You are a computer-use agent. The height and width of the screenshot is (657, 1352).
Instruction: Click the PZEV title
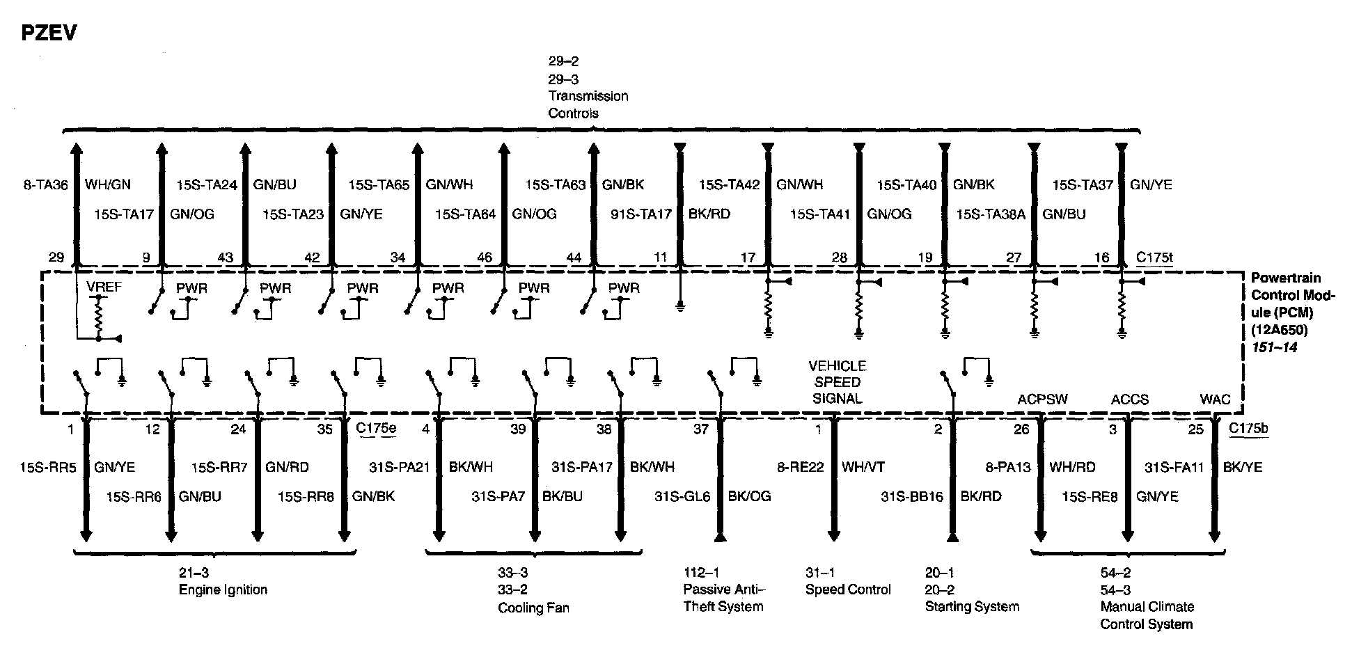point(49,33)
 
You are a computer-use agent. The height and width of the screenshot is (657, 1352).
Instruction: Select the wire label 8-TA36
point(46,185)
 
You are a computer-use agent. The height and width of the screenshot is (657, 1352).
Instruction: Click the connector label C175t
point(1154,258)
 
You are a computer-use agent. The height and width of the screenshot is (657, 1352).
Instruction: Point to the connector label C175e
point(376,428)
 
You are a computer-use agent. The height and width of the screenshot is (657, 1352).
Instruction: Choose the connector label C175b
point(1248,428)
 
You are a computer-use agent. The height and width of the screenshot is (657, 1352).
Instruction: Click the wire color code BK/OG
point(749,497)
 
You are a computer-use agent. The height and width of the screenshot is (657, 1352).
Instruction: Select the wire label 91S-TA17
point(640,214)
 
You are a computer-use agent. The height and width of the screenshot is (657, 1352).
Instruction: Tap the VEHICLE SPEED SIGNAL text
point(837,382)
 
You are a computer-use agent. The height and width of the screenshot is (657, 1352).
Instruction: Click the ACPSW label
point(1042,399)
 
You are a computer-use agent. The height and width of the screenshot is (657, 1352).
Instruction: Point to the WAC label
point(1215,399)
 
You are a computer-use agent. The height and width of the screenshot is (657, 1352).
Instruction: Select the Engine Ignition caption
point(223,590)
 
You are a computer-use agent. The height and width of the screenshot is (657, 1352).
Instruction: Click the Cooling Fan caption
point(533,608)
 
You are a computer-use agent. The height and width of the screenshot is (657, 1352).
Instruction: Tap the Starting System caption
point(972,607)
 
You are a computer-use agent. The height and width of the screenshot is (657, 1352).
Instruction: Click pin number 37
point(700,429)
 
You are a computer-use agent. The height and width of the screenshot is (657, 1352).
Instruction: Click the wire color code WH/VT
point(863,467)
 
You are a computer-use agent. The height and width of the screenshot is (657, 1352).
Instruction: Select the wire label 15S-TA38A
point(990,214)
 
